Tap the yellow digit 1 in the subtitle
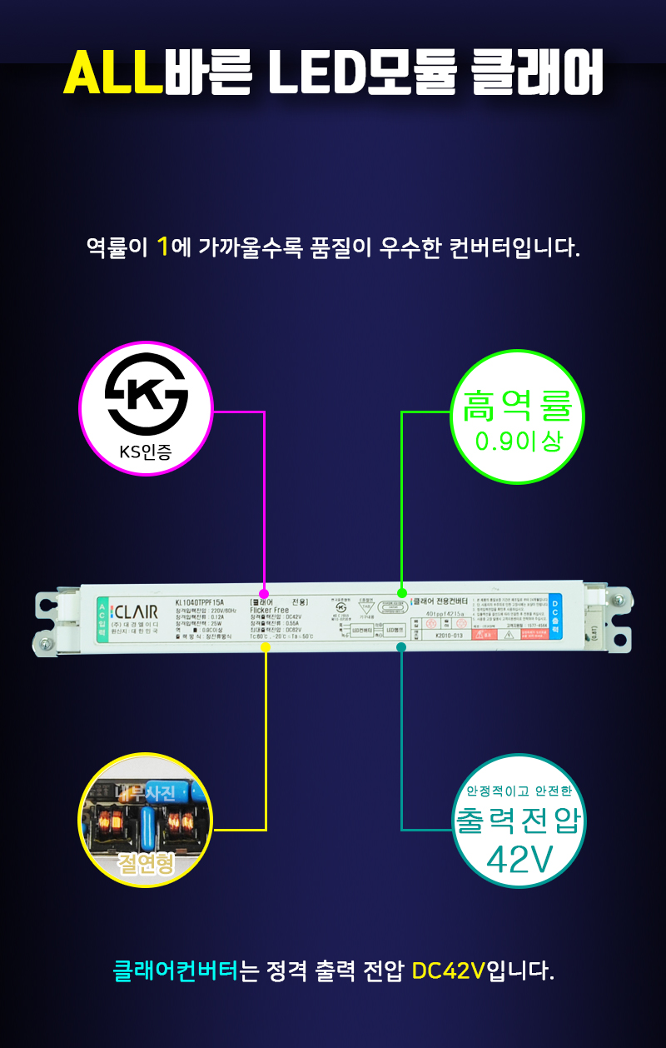tap(163, 247)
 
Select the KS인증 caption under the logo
tap(146, 454)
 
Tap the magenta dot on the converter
tap(265, 594)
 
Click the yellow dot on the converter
tap(266, 646)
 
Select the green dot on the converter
tap(402, 593)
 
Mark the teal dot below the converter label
tap(401, 646)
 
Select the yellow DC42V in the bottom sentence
tap(449, 971)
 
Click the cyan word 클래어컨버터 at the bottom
tap(176, 971)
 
